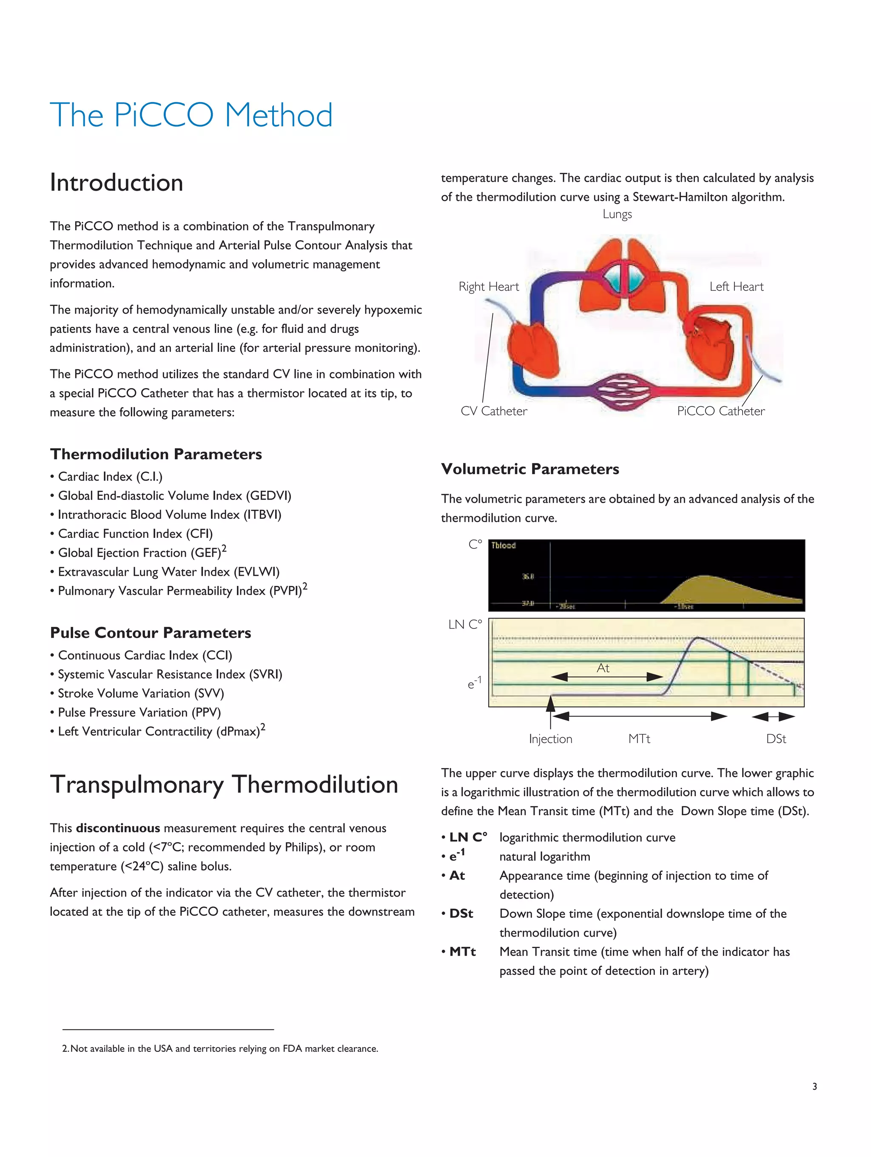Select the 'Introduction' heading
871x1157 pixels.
(116, 183)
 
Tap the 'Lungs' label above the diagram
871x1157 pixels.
(617, 214)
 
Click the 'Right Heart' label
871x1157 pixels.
(488, 287)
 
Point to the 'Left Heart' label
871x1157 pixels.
(736, 287)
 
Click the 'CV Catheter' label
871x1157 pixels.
(493, 411)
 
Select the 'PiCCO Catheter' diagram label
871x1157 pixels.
(720, 411)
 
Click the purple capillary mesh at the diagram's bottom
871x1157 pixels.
(623, 392)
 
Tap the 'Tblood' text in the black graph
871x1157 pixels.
(503, 546)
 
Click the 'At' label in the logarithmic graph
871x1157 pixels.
(603, 668)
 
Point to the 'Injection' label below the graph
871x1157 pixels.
(550, 739)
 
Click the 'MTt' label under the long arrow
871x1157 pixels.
(639, 739)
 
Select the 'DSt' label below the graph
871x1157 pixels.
(776, 739)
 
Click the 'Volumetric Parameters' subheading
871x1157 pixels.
(529, 469)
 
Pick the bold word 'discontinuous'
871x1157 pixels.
(118, 828)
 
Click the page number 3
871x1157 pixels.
(814, 1086)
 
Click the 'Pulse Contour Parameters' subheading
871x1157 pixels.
(151, 633)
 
